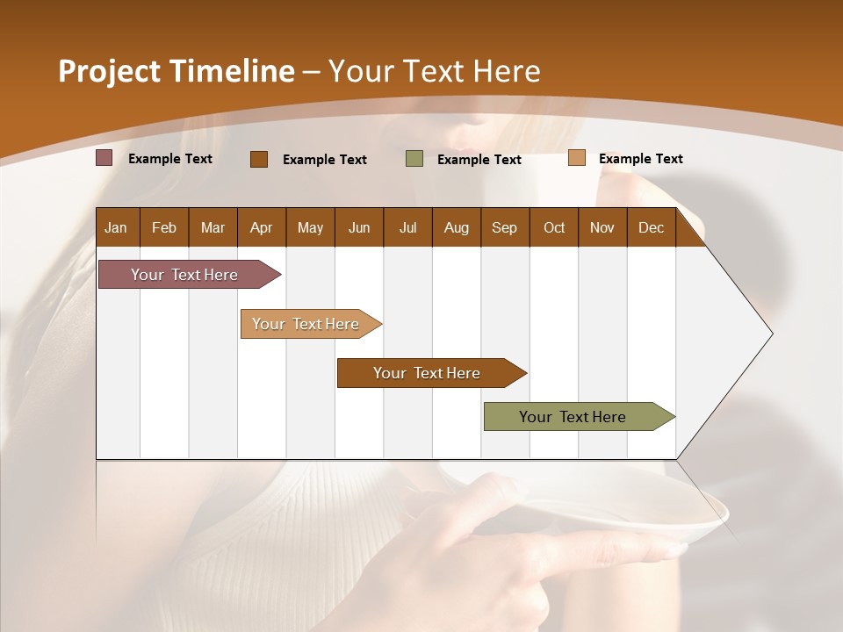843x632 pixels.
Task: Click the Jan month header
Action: [x=116, y=227]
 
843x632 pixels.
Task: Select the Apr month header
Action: [x=261, y=227]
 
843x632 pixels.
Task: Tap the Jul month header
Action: [x=407, y=227]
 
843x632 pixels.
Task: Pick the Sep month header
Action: [x=504, y=227]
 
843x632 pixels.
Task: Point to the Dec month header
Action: [x=651, y=227]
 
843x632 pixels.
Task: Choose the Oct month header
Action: [x=554, y=227]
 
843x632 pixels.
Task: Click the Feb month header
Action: [x=164, y=227]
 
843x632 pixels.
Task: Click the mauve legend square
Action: [x=104, y=158]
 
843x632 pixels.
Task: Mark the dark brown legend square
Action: [x=259, y=159]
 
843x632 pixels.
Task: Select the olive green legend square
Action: [x=414, y=159]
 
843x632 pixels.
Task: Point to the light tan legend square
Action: [x=577, y=158]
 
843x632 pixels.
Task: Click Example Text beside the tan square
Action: [x=640, y=158]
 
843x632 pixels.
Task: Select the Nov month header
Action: [x=602, y=227]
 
